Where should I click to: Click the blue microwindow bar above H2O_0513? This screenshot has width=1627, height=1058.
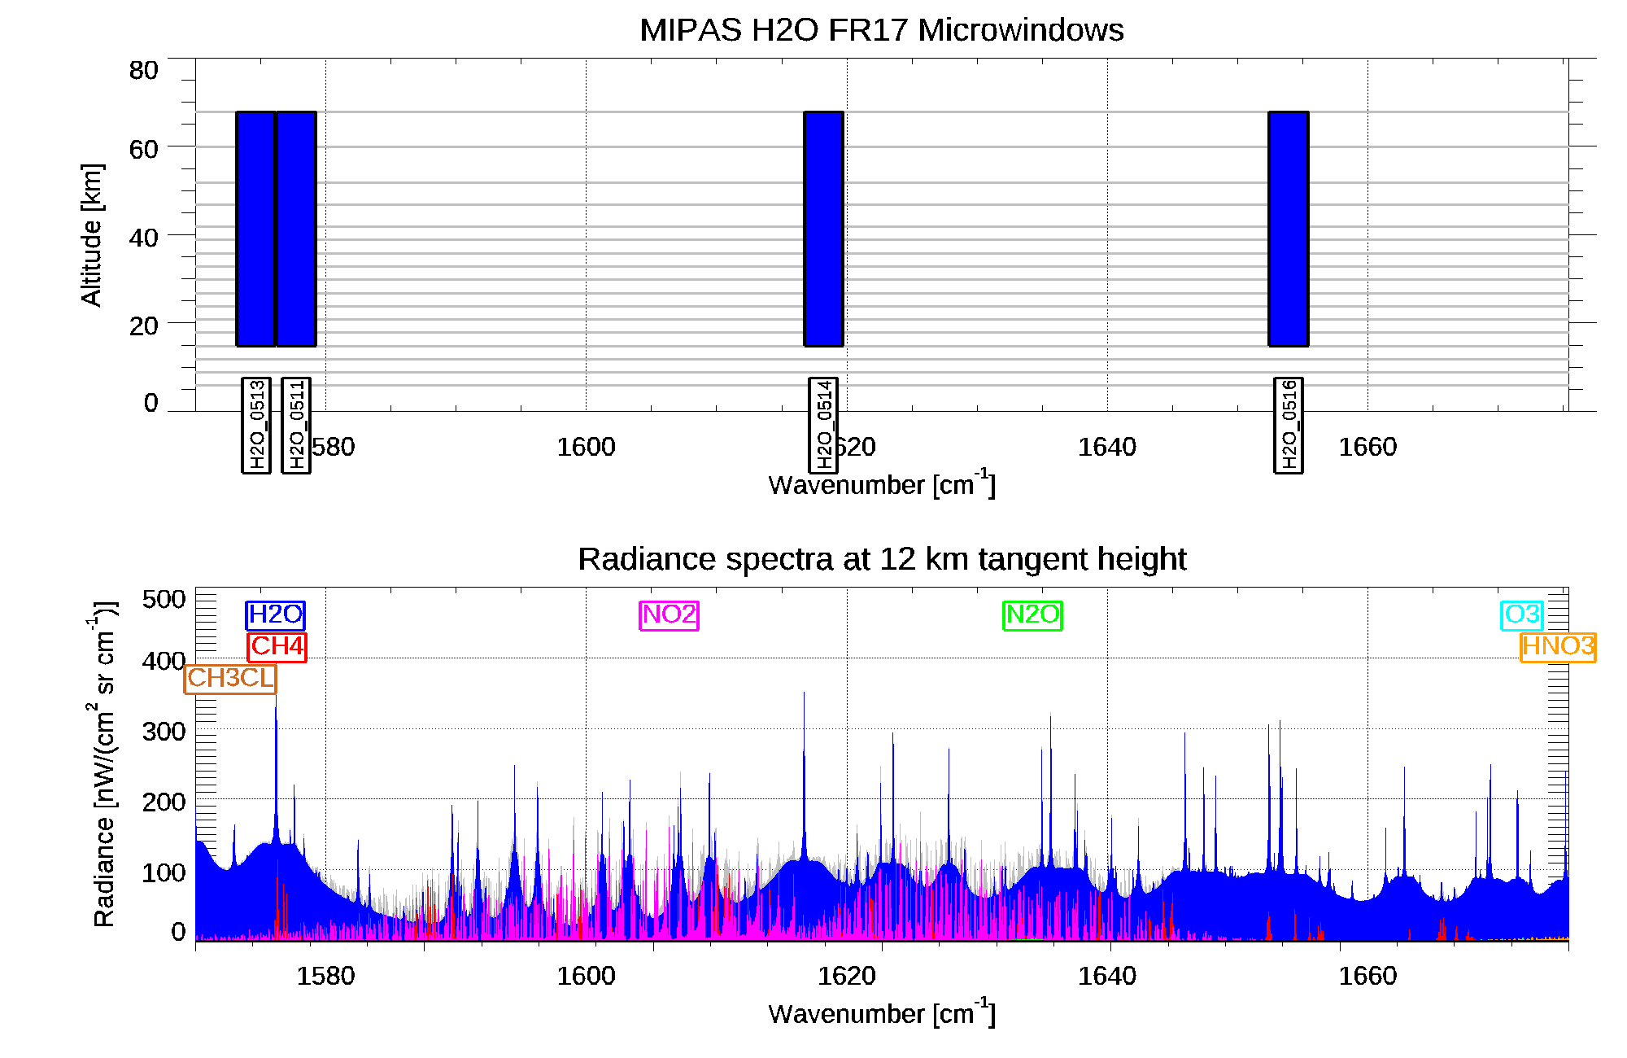255,229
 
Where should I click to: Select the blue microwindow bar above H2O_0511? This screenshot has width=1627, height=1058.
296,229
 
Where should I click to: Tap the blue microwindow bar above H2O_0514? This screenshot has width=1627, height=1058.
823,229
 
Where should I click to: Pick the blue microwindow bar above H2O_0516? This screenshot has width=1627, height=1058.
1289,229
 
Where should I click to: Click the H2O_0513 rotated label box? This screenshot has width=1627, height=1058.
256,425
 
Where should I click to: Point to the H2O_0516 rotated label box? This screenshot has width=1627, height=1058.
1289,425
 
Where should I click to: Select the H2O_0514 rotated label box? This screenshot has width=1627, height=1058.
823,425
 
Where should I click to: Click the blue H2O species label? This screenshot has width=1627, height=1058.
275,615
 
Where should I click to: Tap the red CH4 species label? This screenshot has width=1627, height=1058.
277,647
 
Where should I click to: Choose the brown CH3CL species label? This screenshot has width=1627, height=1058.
231,678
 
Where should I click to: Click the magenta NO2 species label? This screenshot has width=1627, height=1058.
669,615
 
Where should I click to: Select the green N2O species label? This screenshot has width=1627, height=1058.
1032,615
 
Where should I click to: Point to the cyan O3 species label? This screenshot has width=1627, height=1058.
1522,615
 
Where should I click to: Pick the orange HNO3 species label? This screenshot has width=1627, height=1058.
1558,647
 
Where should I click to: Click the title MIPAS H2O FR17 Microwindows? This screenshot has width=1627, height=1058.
881,30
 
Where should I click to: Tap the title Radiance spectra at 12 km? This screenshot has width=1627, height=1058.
881,560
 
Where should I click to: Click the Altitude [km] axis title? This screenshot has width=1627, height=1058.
92,234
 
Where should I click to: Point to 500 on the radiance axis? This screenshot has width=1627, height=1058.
164,600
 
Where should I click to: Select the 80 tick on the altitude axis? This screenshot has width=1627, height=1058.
143,71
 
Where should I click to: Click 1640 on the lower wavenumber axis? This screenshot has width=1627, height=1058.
1106,976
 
